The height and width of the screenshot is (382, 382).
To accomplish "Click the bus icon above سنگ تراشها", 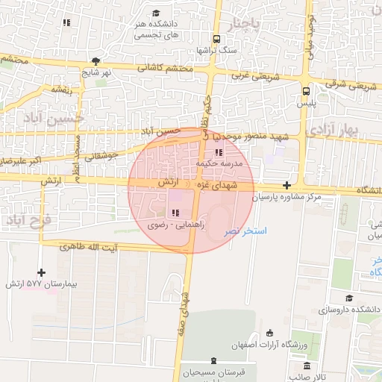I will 216,38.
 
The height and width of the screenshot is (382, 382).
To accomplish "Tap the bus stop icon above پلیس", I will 306,91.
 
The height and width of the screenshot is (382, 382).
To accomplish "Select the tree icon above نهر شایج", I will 95,61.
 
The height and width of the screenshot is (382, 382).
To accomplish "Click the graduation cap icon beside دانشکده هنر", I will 156,13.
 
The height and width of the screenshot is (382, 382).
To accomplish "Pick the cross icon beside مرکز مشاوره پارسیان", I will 287,184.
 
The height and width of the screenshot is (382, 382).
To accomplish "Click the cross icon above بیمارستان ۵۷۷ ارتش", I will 41,273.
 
